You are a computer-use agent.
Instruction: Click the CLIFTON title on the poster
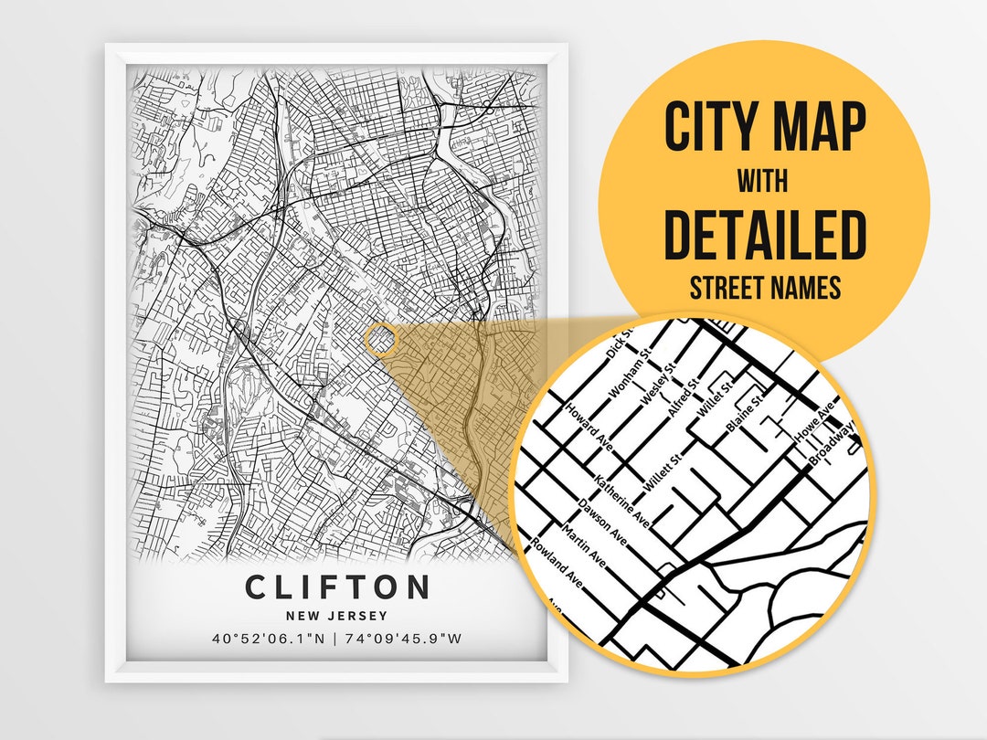click(x=336, y=587)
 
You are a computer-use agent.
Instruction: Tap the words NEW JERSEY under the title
click(x=336, y=616)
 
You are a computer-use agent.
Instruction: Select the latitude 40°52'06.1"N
click(x=268, y=639)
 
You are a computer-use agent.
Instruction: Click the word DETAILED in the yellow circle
click(x=764, y=235)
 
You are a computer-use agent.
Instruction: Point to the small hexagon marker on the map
click(x=381, y=338)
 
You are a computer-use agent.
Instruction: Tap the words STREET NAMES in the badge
click(x=764, y=289)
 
